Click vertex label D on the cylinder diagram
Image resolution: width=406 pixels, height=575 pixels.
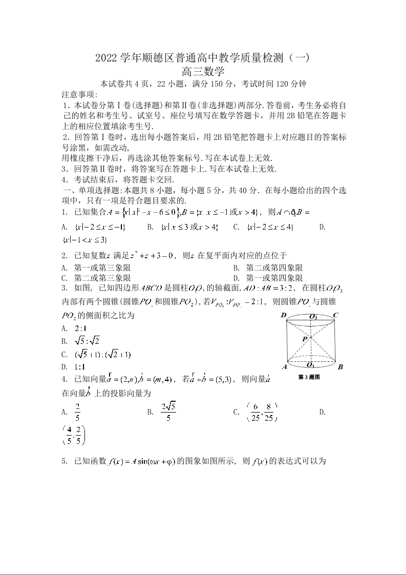tap(283, 315)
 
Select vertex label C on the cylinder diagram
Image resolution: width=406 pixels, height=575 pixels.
tap(335, 315)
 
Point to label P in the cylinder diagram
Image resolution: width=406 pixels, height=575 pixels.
tap(305, 339)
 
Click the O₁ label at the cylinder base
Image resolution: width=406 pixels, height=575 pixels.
tap(310, 364)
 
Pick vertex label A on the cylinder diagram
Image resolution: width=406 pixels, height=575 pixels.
tap(284, 367)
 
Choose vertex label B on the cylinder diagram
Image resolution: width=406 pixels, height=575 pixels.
tap(340, 366)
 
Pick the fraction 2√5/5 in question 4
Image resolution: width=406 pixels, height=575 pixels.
tap(168, 412)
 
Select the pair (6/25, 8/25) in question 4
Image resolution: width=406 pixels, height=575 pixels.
tap(261, 412)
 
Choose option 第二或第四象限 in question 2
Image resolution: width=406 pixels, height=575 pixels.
tap(275, 268)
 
